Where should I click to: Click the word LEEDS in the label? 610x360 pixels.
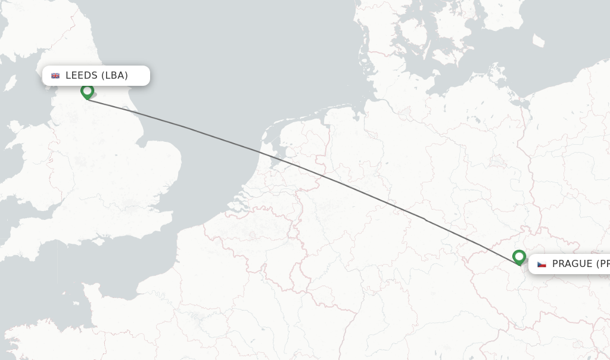point(81,76)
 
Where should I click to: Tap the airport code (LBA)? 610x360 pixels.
point(114,76)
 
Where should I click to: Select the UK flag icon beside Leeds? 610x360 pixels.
point(55,76)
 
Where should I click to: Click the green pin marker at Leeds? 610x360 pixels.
point(87,91)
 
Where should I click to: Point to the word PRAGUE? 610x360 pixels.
point(572,264)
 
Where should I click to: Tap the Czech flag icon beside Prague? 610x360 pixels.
point(541,264)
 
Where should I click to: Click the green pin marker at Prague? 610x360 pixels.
point(519,257)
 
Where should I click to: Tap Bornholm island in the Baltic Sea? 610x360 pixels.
point(539,41)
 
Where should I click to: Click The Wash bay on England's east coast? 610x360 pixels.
point(141,143)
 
